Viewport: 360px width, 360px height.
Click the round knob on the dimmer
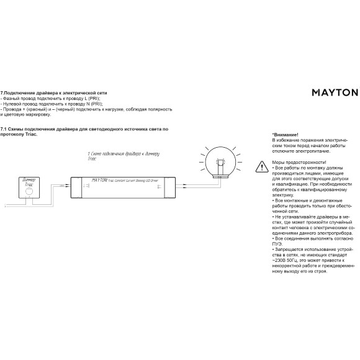[28, 192]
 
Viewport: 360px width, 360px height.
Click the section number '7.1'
[4, 129]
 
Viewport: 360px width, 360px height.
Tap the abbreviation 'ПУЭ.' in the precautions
[277, 243]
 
